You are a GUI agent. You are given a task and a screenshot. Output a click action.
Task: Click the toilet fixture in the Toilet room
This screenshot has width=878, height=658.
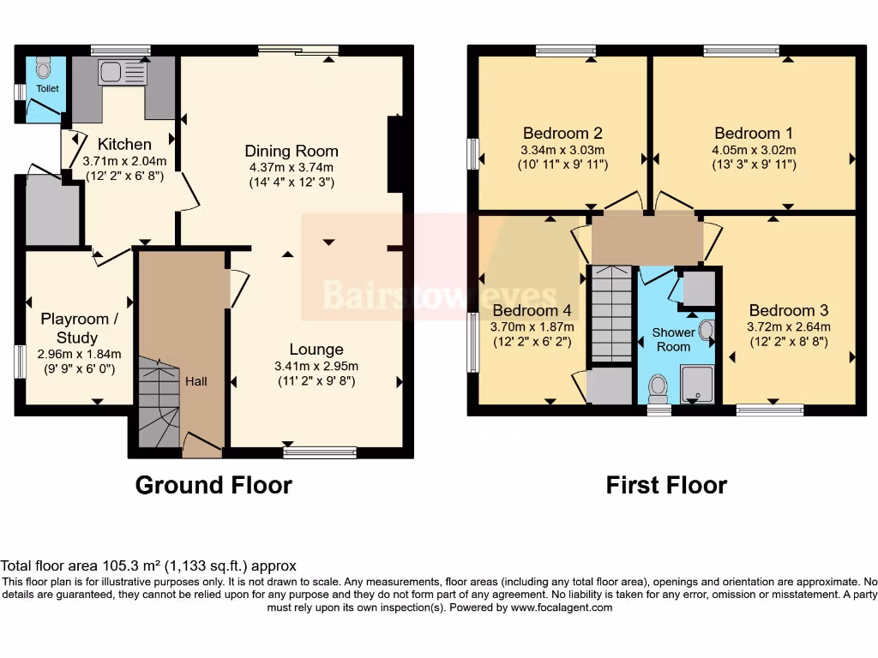[x=44, y=68]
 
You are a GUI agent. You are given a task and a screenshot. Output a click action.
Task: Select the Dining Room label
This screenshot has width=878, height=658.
[x=292, y=151]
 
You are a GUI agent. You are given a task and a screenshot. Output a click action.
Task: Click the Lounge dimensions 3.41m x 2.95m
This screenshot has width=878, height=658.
[x=316, y=366]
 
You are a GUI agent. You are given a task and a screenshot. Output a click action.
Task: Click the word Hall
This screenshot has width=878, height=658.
[x=196, y=381]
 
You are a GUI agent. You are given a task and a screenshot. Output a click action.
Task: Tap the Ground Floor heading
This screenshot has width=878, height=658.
[x=213, y=486]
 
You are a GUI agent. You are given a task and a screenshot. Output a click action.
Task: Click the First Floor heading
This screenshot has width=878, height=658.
[x=666, y=486]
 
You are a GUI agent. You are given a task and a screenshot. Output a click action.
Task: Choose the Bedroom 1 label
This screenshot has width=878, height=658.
[x=754, y=133]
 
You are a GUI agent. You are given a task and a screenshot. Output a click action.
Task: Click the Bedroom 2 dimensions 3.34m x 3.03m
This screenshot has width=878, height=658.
[x=562, y=150]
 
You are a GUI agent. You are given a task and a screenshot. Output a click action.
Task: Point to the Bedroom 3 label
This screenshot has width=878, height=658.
[x=788, y=310]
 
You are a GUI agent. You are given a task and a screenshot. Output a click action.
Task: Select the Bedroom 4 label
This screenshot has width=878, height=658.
[x=532, y=310]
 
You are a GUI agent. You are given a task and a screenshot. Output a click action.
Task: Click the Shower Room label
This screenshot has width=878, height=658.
[x=673, y=339]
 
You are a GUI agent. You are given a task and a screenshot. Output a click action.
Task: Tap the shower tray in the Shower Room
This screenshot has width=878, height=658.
[x=698, y=383]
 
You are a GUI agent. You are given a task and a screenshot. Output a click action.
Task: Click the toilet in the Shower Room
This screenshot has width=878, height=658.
[x=658, y=387]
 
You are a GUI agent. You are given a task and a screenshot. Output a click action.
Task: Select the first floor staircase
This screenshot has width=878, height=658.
[x=611, y=313]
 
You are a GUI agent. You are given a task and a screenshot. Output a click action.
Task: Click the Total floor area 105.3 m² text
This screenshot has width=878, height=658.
[x=148, y=565]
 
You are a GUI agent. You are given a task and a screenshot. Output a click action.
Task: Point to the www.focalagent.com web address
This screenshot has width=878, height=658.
[x=562, y=607]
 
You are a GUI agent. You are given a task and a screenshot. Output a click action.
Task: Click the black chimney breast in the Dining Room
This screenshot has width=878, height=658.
[x=395, y=154]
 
